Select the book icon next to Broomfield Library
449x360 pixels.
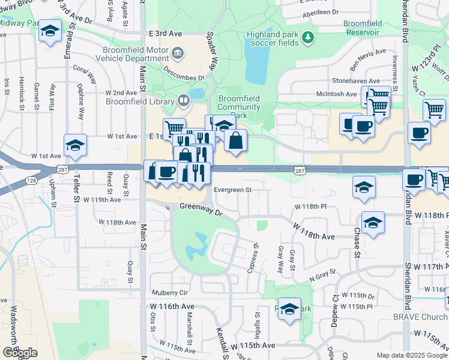[182, 100]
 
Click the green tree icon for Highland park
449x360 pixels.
[308, 38]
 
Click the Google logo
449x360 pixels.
[20, 353]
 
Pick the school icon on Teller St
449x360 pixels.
[76, 145]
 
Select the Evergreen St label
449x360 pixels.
[231, 190]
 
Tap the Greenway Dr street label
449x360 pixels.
[201, 210]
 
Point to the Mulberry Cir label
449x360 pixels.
[170, 293]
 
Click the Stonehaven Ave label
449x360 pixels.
[356, 80]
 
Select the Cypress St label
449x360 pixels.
[255, 257]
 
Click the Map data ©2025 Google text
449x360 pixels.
[412, 355]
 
